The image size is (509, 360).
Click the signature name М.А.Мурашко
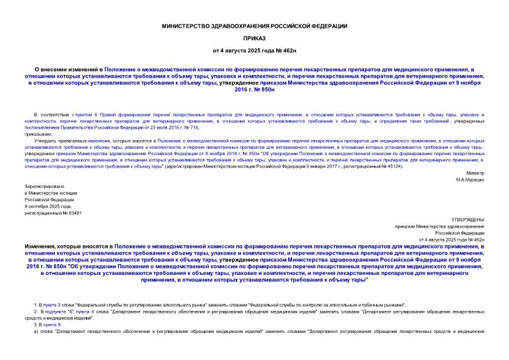470,179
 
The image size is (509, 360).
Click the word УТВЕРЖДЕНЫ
469,219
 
